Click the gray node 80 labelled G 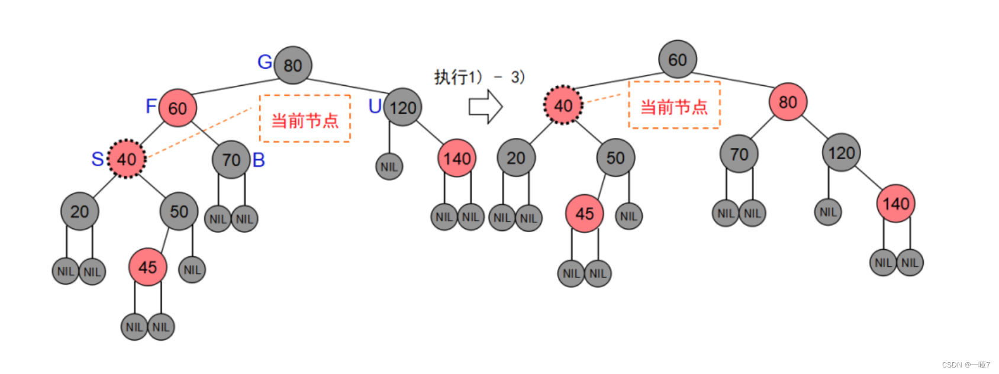(293, 65)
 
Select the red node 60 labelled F (178, 108)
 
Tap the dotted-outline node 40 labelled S (127, 159)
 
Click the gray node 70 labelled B (231, 159)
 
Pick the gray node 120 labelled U (402, 107)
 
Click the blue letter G (265, 62)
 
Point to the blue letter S (98, 159)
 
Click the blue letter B (259, 160)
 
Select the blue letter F (151, 106)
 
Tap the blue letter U (375, 107)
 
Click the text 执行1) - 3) (479, 77)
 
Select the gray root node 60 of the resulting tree (677, 59)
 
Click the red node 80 (788, 102)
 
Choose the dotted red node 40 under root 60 (563, 105)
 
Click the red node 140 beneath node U (457, 158)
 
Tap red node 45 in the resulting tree (584, 213)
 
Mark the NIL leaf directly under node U (389, 167)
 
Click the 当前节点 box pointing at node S (305, 119)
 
